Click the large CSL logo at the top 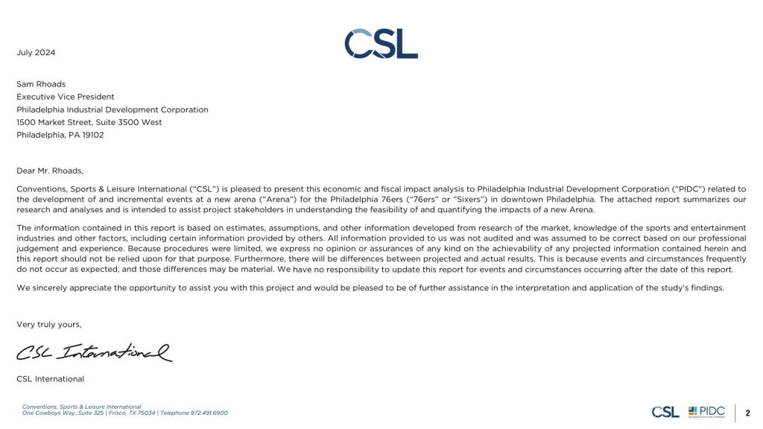(381, 44)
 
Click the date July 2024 (36, 53)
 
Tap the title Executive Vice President (66, 97)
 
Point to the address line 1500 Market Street (52, 122)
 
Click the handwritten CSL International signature (94, 350)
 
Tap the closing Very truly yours (49, 325)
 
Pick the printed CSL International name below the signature (50, 379)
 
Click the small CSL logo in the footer (665, 412)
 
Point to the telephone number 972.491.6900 (210, 413)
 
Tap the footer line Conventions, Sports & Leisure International (81, 407)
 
